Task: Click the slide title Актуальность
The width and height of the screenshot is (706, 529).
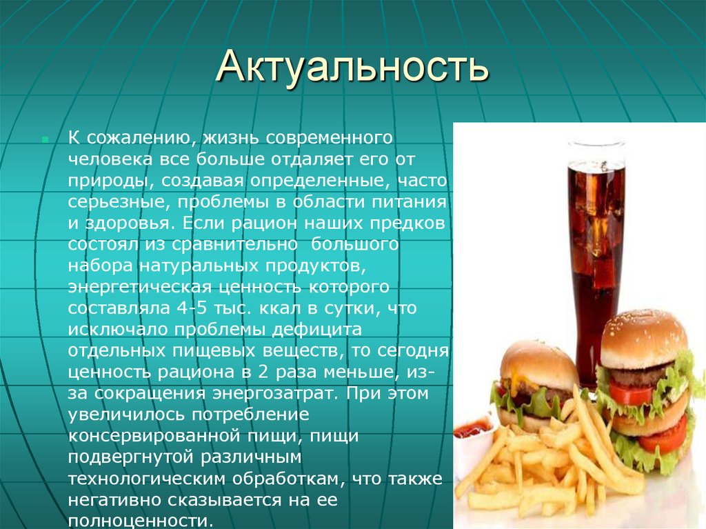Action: click(352, 70)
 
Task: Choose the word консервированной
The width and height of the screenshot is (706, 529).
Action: click(186, 437)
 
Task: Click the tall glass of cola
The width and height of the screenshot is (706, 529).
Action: click(596, 255)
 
